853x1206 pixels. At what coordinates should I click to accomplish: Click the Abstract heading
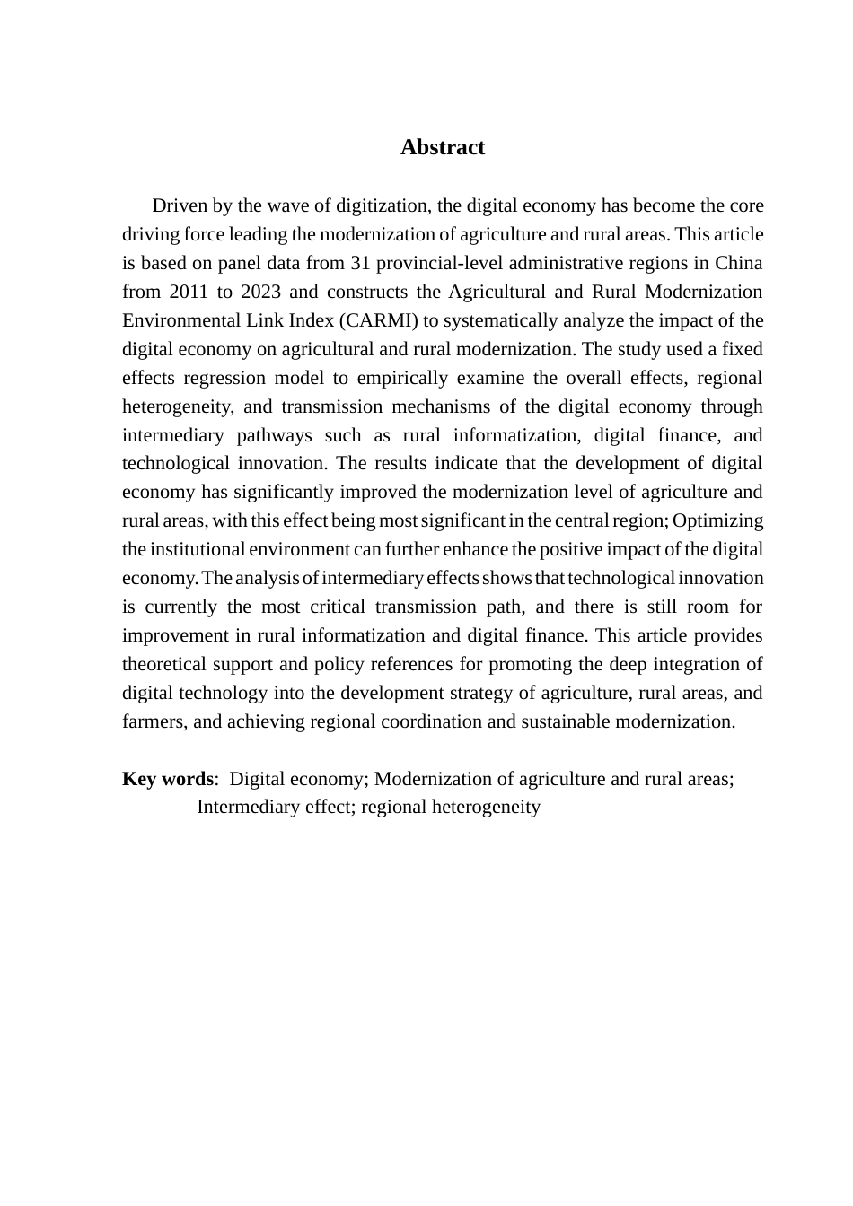point(442,147)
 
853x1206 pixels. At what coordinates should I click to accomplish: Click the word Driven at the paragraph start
point(180,205)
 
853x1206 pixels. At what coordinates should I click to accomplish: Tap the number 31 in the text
point(362,263)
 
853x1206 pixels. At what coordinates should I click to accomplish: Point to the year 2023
point(259,292)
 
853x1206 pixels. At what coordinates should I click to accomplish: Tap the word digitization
point(383,205)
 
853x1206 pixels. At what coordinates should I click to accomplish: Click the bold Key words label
point(168,779)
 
